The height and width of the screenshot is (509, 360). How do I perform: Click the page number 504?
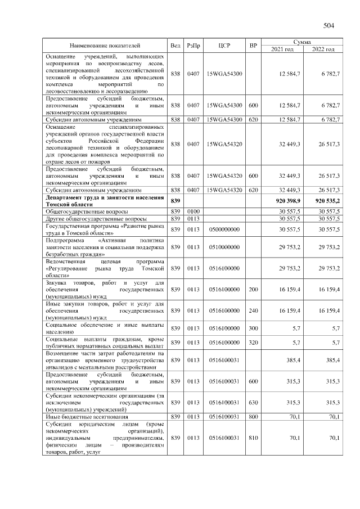[x=328, y=25]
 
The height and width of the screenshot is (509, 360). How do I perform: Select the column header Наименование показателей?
[x=105, y=45]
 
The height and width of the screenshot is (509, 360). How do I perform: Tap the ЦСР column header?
[x=221, y=45]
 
